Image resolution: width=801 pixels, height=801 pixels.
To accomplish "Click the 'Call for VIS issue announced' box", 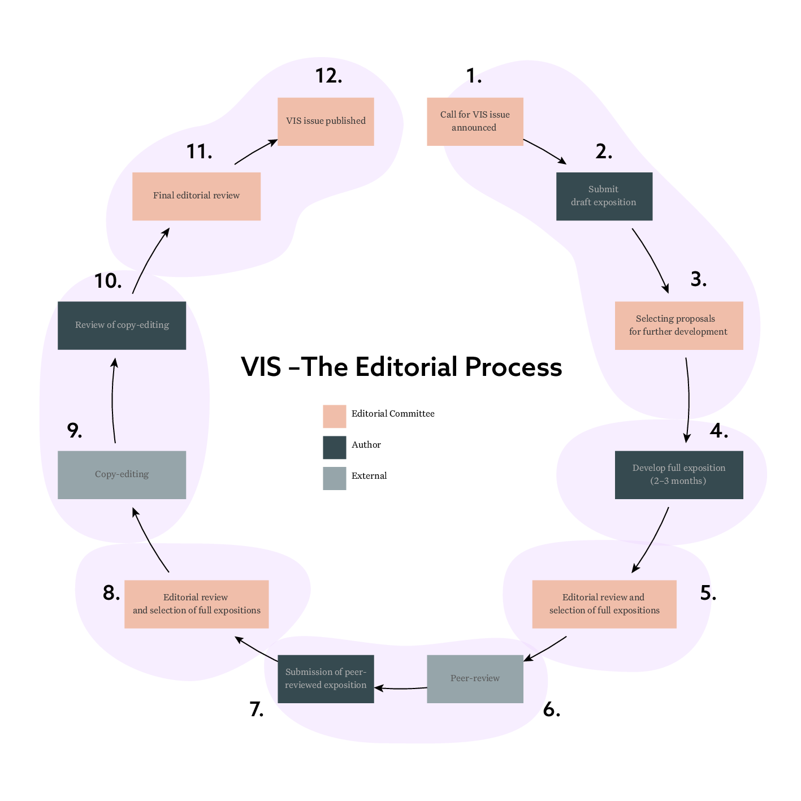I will pos(475,122).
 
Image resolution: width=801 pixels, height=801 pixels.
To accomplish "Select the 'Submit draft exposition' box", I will pos(604,196).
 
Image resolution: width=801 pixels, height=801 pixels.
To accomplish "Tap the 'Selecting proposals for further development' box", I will pos(679,326).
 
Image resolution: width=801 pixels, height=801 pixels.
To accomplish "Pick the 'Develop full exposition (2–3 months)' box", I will pos(679,475).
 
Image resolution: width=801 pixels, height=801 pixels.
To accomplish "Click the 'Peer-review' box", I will pos(475,679).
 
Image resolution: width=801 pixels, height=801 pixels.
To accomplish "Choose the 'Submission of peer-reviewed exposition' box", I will pos(326,679).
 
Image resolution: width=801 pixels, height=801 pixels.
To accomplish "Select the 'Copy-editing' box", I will pos(122,475).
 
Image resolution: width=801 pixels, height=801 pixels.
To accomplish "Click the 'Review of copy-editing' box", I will pos(122,326).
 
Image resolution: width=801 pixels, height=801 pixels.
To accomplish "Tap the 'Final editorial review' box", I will pos(196,196).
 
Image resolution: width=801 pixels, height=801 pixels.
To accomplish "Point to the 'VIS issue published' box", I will pos(326,122).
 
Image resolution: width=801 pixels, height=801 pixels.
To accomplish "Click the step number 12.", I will pos(328,76).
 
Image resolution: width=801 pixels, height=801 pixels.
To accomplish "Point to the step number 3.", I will pos(699,279).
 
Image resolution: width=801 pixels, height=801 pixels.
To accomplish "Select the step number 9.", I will pos(75,431).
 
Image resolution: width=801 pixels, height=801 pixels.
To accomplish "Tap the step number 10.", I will pos(107,281).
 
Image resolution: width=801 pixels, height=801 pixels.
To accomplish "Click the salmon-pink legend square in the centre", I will pos(335,417).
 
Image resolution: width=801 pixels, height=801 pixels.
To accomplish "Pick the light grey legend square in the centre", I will pos(335,478).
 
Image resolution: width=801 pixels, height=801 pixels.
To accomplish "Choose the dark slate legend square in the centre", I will pos(335,448).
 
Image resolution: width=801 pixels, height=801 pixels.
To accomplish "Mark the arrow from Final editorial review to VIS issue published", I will pos(256,151).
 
